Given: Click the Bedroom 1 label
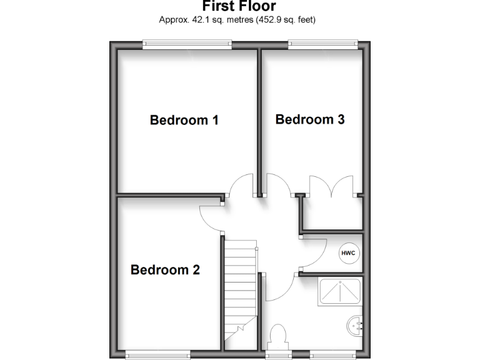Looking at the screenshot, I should point(184,120).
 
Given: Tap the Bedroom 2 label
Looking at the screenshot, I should point(165,270).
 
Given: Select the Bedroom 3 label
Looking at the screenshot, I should point(310,119).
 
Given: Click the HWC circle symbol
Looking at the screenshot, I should point(347,253).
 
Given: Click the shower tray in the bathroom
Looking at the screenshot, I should point(341,291).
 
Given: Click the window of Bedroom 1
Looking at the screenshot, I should point(187,44).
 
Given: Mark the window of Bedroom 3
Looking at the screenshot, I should point(323,44).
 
